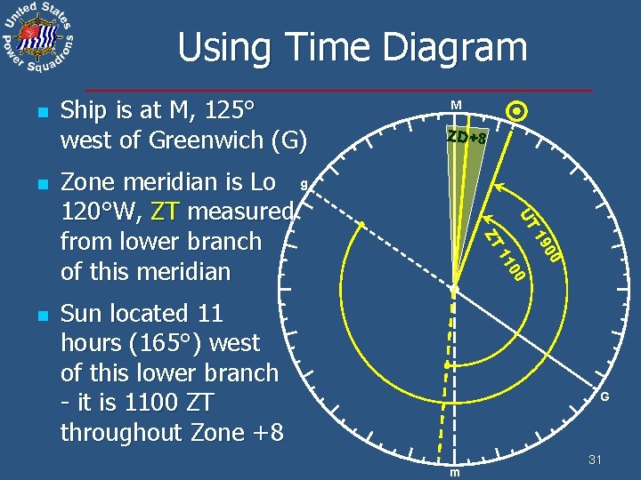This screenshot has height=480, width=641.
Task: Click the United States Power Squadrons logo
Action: [38, 38]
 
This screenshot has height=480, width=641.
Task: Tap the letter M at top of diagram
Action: [456, 106]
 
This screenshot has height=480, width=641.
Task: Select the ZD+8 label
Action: [467, 138]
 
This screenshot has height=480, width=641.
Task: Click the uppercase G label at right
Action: [604, 397]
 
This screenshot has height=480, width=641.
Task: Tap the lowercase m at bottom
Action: [454, 472]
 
